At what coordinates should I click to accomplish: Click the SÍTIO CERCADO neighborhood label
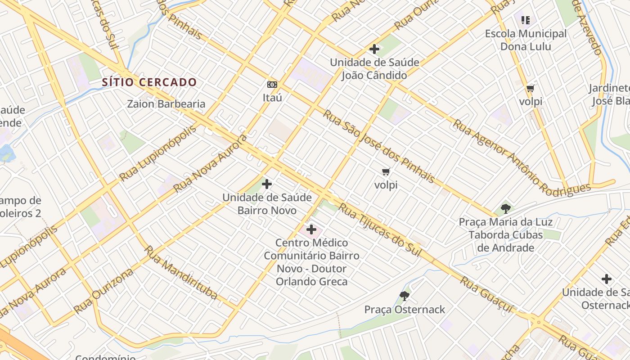point(149,82)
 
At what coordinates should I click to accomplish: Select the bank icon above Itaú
point(272,85)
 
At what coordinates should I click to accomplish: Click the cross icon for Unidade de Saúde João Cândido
point(374,49)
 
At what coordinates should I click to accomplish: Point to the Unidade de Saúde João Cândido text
point(374,69)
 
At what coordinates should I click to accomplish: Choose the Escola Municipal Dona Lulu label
point(526,40)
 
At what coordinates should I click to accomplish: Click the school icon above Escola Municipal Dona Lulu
point(525,20)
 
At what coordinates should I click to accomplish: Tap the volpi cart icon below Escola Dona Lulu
point(531,88)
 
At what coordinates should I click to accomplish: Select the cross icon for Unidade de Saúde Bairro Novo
point(267,184)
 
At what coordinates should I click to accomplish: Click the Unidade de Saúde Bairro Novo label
point(267,204)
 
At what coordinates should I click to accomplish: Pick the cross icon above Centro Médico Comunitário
point(311,230)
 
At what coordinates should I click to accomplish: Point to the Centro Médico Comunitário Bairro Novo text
point(311,262)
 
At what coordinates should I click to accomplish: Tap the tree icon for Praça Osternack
point(404,296)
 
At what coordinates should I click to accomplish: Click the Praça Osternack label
point(404,310)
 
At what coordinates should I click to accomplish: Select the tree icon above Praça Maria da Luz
point(505,208)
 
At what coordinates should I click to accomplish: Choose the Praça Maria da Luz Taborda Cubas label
point(505,234)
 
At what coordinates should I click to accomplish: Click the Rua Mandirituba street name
point(181,273)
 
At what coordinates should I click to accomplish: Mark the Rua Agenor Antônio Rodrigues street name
point(521,156)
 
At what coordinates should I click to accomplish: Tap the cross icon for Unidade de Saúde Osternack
point(607,279)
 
